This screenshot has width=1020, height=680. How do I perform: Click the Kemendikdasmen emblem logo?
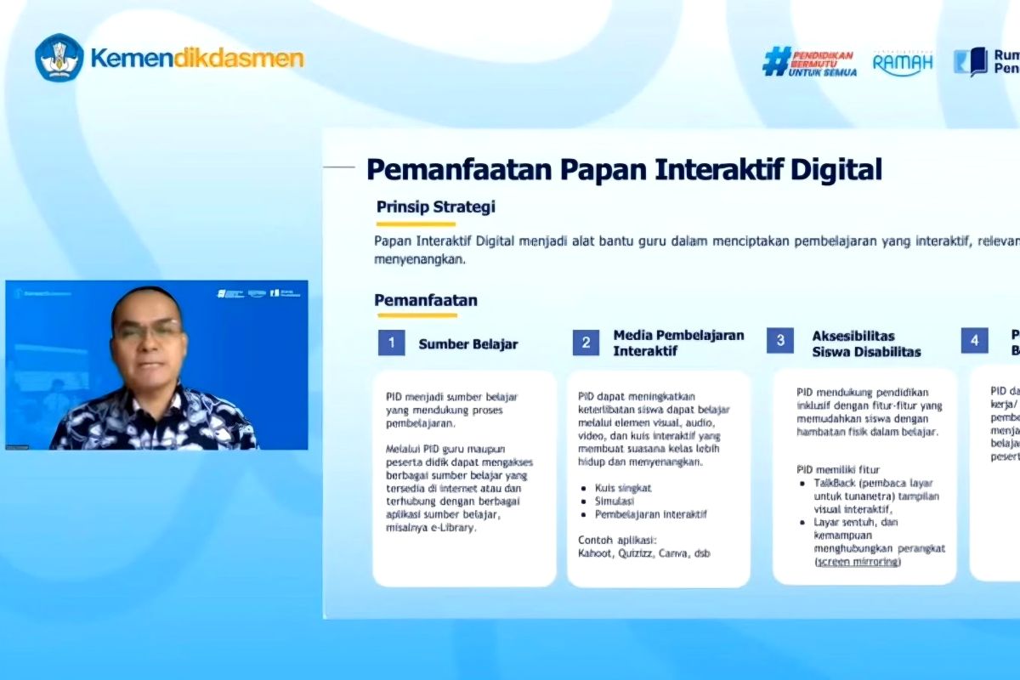tap(59, 58)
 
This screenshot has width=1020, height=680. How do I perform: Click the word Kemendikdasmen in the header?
tap(196, 59)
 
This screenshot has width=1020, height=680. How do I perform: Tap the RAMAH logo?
tap(903, 62)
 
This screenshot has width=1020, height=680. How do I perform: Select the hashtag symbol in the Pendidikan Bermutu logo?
tap(776, 62)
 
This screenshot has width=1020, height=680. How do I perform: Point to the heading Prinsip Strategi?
tap(436, 207)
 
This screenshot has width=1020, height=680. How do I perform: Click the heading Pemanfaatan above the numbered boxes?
tap(426, 300)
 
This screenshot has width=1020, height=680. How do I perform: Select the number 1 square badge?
tap(391, 343)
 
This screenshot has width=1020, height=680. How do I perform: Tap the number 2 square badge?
tap(585, 343)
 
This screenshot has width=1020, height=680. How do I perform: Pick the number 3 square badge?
tap(779, 341)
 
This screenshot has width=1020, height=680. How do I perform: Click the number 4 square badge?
tap(974, 341)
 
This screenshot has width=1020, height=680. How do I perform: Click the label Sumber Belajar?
tap(467, 344)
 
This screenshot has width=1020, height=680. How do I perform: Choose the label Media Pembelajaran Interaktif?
tap(678, 343)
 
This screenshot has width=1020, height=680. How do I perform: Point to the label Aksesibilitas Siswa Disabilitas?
tap(865, 343)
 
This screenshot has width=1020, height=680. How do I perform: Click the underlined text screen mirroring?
tap(858, 562)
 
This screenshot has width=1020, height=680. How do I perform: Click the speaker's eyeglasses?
tap(149, 331)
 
